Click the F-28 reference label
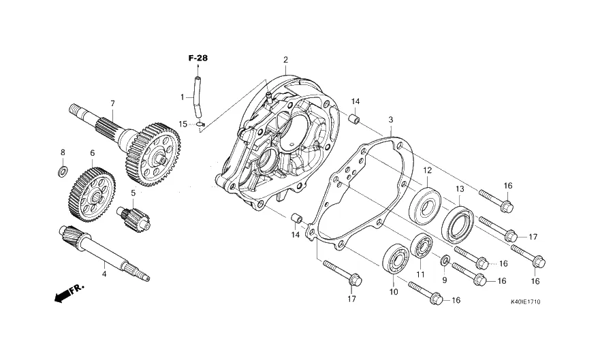coord(198,58)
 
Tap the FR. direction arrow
coord(69,293)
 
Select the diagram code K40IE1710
coord(526,302)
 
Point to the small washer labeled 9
coord(445,261)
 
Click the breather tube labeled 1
coord(198,98)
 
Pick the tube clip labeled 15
coord(200,123)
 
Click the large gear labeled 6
coord(92,195)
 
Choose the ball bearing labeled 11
coord(422,246)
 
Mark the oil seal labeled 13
coord(458,225)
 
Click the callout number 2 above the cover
coord(285,60)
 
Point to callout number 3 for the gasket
coord(391,120)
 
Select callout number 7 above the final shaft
coord(112,103)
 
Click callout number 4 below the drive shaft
coord(104,274)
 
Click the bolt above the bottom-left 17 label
coord(343,273)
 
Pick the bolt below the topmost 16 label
coord(496,200)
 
